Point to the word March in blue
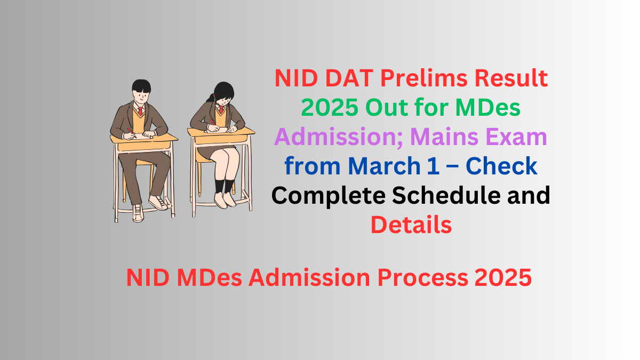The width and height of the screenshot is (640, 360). (379, 167)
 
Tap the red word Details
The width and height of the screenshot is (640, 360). (411, 225)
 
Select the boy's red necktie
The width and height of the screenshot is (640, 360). (140, 112)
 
